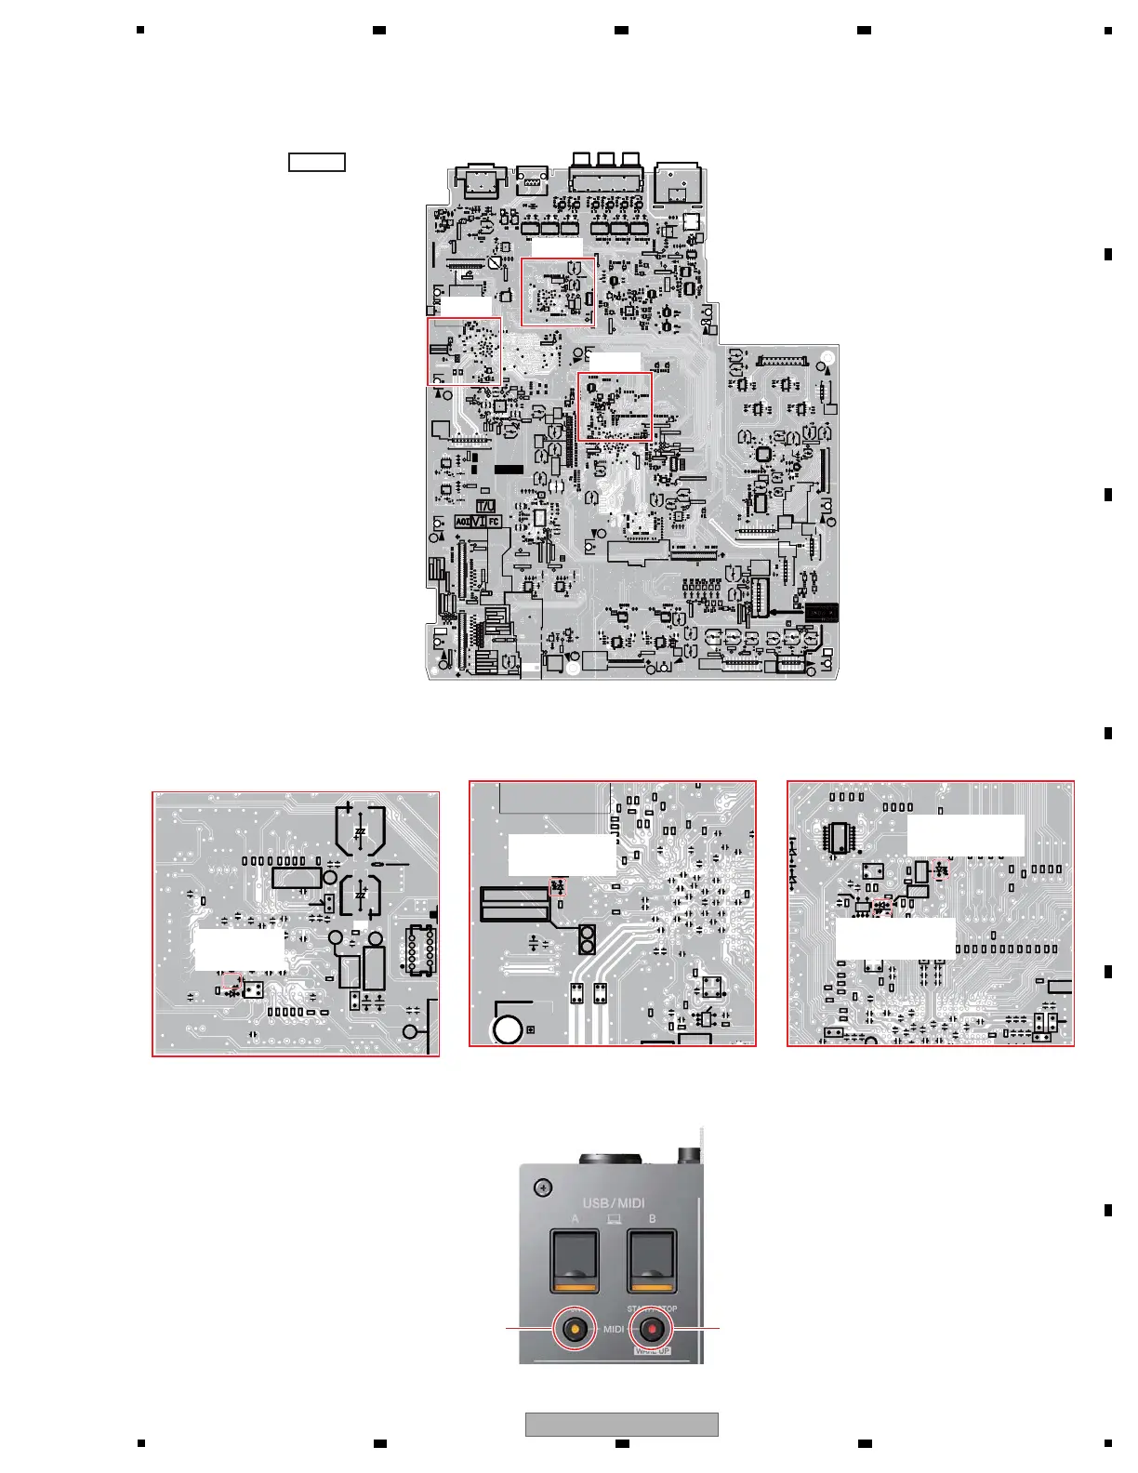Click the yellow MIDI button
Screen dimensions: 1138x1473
[x=576, y=1330]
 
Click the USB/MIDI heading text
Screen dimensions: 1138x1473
[x=614, y=1203]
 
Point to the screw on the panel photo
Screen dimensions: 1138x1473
[x=544, y=1188]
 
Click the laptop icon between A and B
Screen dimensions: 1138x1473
[x=614, y=1219]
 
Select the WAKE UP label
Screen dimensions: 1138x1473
[x=652, y=1350]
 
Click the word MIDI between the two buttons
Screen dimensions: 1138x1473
[x=614, y=1330]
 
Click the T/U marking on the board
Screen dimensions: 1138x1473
[x=486, y=506]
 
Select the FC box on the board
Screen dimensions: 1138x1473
[x=494, y=522]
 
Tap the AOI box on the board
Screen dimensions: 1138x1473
[x=462, y=522]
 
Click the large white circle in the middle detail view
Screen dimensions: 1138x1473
[x=508, y=1029]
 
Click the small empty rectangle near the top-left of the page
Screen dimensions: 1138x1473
[x=317, y=163]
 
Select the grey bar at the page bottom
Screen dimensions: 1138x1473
[x=621, y=1424]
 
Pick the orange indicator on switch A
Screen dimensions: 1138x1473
[x=575, y=1287]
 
